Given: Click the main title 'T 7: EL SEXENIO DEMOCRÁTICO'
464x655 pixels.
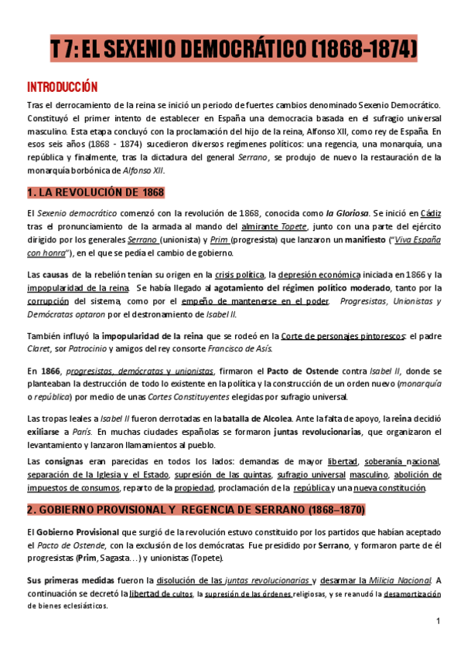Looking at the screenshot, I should [232, 52].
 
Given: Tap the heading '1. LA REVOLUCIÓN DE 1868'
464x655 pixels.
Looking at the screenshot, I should [95, 192].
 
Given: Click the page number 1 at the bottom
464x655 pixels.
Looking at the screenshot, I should [438, 622].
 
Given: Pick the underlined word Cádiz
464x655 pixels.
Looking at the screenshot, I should [431, 212].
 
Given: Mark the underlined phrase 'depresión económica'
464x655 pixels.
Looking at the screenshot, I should [319, 274].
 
